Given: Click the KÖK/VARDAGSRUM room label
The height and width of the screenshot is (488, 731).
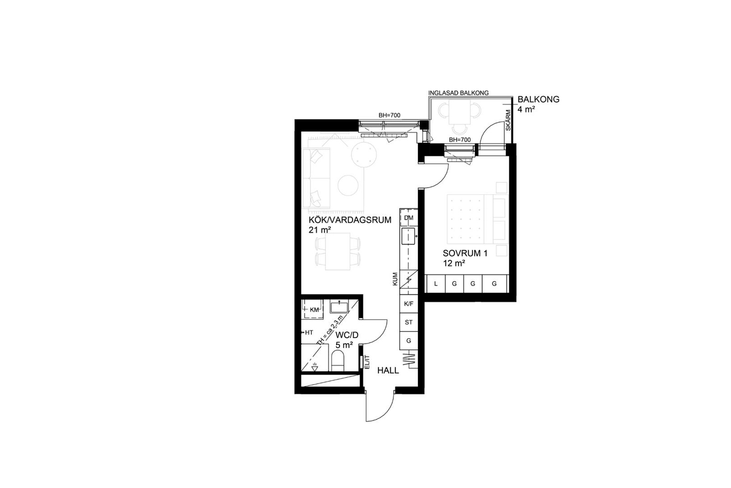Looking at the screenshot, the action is tap(350, 220).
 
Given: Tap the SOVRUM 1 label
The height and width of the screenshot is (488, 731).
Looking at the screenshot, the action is tap(465, 253).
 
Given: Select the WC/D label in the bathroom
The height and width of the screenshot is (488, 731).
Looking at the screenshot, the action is tap(347, 335).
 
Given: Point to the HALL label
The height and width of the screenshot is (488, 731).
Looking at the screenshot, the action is tap(388, 370).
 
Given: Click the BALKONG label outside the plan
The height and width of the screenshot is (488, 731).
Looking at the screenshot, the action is tap(538, 99).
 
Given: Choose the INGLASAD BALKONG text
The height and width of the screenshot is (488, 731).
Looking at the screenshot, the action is tap(459, 93).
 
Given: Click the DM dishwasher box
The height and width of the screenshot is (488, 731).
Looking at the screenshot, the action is tap(408, 218).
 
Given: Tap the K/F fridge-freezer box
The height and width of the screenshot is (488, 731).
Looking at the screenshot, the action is tap(408, 304).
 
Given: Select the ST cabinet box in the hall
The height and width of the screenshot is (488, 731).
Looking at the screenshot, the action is tap(408, 322).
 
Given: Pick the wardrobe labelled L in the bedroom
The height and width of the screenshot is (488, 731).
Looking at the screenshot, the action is tap(436, 283).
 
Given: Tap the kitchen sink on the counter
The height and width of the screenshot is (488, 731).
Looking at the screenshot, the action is tap(408, 236).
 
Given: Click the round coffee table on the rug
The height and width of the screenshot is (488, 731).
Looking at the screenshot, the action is tap(348, 185).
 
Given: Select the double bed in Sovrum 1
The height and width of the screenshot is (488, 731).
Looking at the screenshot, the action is tap(478, 220).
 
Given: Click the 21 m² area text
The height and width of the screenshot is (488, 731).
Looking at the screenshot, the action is tap(320, 230).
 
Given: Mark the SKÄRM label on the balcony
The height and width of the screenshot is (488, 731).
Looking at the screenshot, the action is tap(508, 120).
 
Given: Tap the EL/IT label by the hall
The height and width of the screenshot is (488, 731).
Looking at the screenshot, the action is tap(367, 362).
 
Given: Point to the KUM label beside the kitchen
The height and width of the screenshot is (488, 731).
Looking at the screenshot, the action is tap(395, 279).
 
